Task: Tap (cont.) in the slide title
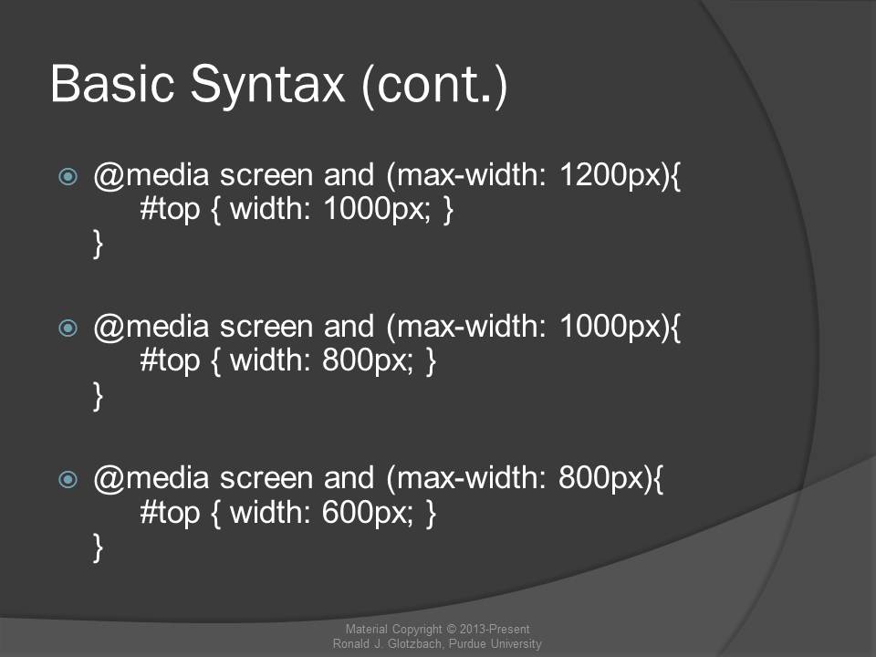pyautogui.click(x=434, y=86)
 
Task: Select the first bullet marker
pyautogui.click(x=68, y=176)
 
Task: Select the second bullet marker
pyautogui.click(x=68, y=328)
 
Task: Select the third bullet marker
pyautogui.click(x=68, y=479)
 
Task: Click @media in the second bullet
pyautogui.click(x=151, y=328)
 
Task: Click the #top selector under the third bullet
pyautogui.click(x=170, y=514)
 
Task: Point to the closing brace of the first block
pyautogui.click(x=98, y=244)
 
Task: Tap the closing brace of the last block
pyautogui.click(x=98, y=547)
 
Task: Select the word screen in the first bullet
pyautogui.click(x=266, y=176)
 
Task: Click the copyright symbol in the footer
pyautogui.click(x=451, y=630)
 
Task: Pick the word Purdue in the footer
pyautogui.click(x=467, y=643)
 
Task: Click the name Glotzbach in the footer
pyautogui.click(x=416, y=643)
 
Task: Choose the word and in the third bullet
pyautogui.click(x=349, y=478)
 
